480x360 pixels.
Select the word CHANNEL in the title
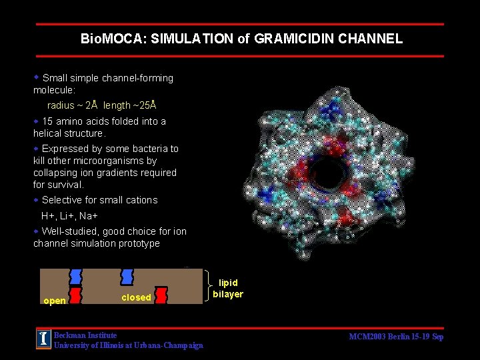click(x=371, y=39)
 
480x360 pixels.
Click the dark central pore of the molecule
click(x=328, y=173)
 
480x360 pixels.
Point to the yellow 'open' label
click(x=55, y=301)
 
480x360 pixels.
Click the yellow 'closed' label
click(x=136, y=297)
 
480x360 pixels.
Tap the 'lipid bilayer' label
click(x=228, y=289)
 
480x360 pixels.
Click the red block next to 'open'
click(x=76, y=295)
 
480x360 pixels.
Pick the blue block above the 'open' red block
click(x=76, y=277)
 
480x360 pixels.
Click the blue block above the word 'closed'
click(x=127, y=277)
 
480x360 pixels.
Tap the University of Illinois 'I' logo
click(x=43, y=339)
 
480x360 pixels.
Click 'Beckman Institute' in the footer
click(x=85, y=335)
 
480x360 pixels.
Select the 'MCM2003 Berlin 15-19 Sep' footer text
click(x=396, y=337)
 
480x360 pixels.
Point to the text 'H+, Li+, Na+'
click(x=70, y=216)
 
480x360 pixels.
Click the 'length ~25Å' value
click(x=130, y=105)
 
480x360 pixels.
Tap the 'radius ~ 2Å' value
click(x=73, y=105)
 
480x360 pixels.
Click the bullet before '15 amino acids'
click(x=37, y=121)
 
